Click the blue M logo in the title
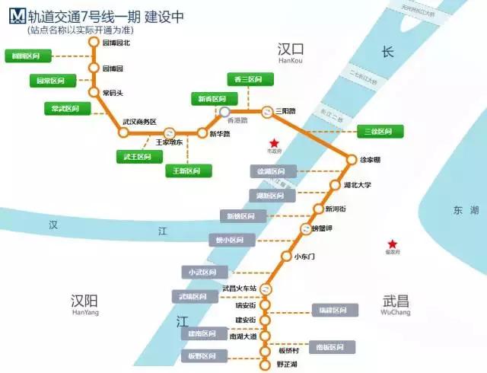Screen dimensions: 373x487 pyautogui.click(x=14, y=16)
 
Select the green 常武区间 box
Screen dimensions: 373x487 pyautogui.click(x=66, y=109)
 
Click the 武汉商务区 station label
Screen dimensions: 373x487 pyautogui.click(x=139, y=122)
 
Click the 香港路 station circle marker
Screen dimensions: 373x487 pyautogui.click(x=225, y=112)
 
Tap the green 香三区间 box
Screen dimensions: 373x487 pyautogui.click(x=247, y=79)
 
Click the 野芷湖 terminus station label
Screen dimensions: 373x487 pyautogui.click(x=287, y=365)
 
